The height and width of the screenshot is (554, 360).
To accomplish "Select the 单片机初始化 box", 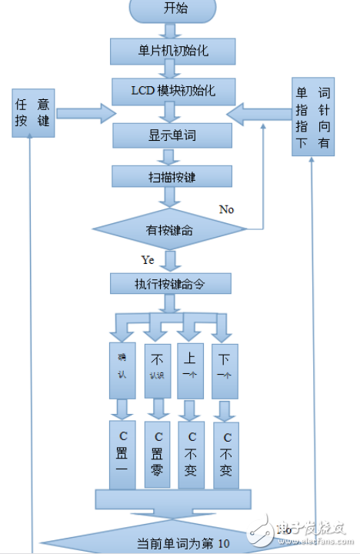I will click(173, 51).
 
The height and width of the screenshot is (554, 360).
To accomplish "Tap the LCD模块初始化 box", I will click(173, 92).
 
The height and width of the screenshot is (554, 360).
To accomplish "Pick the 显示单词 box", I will click(172, 135).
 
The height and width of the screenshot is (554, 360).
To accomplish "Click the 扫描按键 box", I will click(172, 177).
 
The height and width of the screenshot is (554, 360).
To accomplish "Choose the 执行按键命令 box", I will click(171, 284).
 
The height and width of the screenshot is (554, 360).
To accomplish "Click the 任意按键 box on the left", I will click(34, 112).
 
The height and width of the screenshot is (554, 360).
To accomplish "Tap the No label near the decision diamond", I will click(226, 209).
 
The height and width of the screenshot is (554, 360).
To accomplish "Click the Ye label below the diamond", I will click(148, 259).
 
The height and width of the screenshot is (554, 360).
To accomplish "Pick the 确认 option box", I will click(122, 369).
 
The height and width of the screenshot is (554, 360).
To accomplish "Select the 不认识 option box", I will click(157, 369).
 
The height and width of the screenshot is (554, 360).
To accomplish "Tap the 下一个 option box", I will click(225, 369).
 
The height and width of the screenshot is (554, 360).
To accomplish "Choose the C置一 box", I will click(122, 454).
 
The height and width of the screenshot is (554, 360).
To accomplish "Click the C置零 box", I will click(157, 454).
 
